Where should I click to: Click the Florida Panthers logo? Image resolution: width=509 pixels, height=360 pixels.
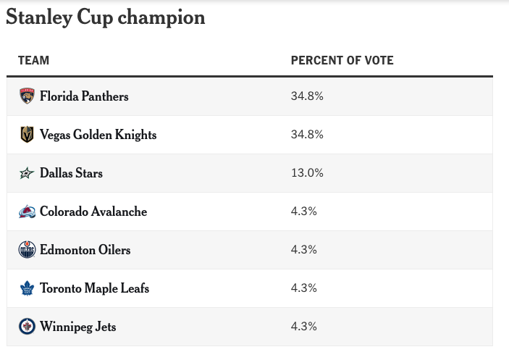(x=27, y=96)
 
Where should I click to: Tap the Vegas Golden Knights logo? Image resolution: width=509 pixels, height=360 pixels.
(x=27, y=135)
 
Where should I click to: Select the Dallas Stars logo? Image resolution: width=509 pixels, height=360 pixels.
(x=27, y=174)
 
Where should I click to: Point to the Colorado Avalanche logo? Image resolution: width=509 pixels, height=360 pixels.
(x=27, y=212)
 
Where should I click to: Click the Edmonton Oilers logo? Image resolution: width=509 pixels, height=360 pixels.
(x=27, y=251)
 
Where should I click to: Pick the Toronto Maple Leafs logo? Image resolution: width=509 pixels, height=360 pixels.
(x=27, y=288)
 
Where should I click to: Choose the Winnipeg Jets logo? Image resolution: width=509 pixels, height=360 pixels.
(x=27, y=327)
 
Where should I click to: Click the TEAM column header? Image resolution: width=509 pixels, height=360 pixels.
(x=33, y=61)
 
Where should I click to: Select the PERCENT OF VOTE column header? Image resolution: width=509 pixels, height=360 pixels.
(x=342, y=61)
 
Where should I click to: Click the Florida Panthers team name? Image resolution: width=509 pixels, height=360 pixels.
(x=84, y=96)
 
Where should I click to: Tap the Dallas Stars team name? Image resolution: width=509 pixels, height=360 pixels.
(x=71, y=174)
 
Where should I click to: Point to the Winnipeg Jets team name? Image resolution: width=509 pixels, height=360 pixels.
(x=77, y=327)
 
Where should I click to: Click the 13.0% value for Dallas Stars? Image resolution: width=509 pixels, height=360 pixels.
(x=306, y=173)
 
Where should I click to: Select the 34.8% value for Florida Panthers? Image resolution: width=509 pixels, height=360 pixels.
(x=306, y=96)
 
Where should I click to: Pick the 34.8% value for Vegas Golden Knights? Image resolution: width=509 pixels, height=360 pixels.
(x=306, y=135)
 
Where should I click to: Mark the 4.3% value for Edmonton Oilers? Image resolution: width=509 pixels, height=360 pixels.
(x=303, y=250)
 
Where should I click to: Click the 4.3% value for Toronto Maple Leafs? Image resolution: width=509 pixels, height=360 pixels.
(x=303, y=288)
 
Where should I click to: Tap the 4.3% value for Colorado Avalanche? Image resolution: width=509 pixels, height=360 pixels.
(x=303, y=212)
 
